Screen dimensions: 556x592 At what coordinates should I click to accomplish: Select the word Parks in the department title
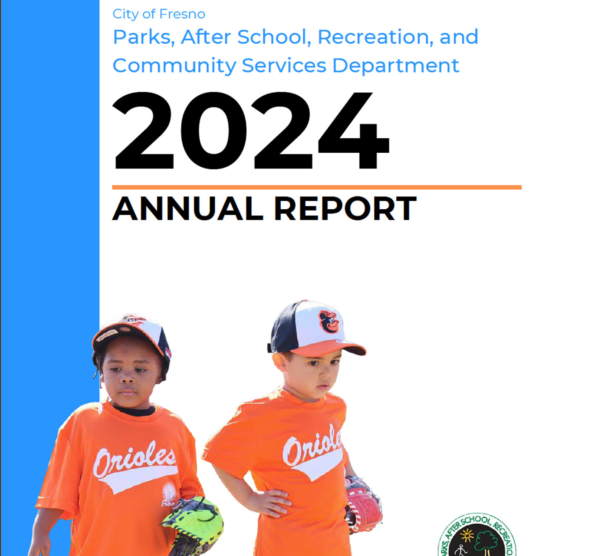point(141,37)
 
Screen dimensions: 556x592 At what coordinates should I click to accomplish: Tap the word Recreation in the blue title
point(374,37)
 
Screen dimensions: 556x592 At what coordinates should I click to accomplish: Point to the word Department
point(396,66)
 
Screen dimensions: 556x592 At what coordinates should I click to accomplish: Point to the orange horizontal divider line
point(316,187)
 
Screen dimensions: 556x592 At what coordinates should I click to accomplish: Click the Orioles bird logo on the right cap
point(329,322)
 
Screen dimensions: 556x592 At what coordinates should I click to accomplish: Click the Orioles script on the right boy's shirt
point(312,445)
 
